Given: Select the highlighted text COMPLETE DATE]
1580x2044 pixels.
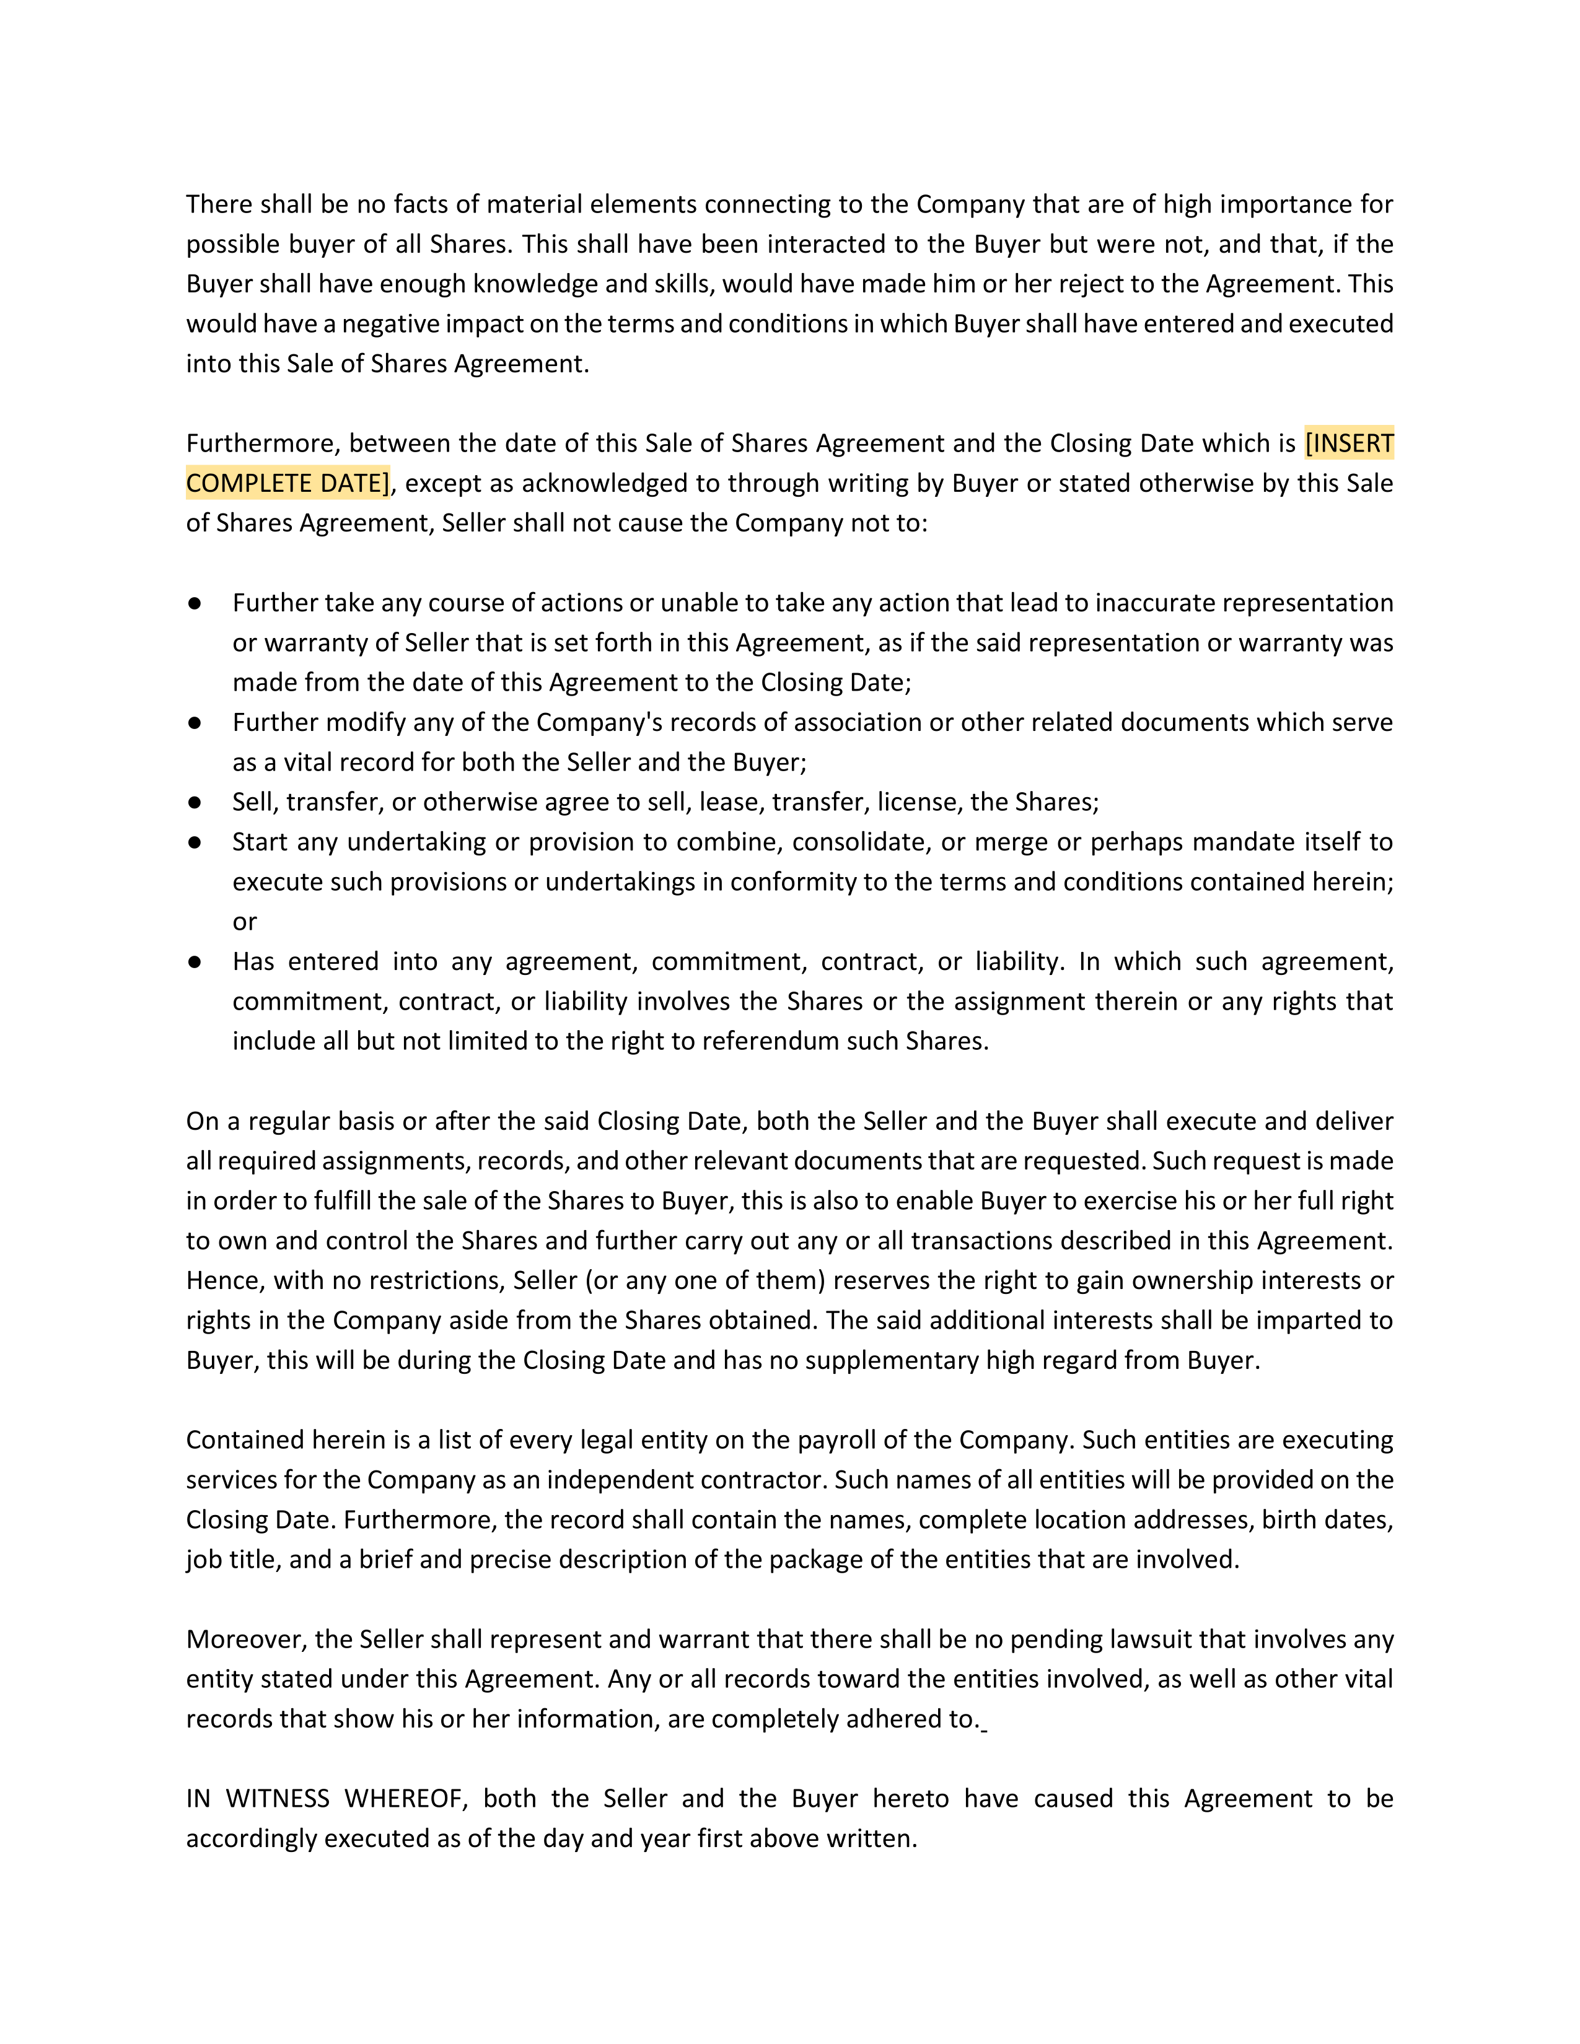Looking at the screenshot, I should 288,483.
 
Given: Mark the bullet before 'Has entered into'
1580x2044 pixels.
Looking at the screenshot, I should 195,961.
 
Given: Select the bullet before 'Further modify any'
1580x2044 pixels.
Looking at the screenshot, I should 195,722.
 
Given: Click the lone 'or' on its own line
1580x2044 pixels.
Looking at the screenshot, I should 244,922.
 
